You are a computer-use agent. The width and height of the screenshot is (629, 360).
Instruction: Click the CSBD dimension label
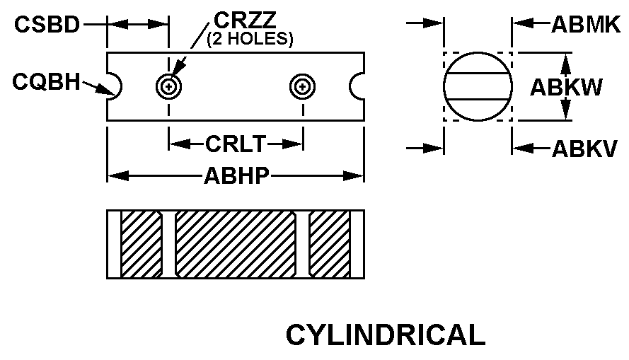point(47,25)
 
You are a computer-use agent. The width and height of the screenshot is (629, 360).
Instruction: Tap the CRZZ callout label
point(245,19)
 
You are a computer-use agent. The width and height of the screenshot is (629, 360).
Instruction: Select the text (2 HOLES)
point(250,39)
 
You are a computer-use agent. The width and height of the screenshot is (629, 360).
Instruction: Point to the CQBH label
point(46,82)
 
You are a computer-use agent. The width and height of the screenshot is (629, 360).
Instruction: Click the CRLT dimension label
point(236,144)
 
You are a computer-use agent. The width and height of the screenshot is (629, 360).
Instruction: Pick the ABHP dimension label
point(236,175)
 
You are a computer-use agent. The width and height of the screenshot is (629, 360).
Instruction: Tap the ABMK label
point(586,25)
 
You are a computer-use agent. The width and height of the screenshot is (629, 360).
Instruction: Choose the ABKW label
point(566,87)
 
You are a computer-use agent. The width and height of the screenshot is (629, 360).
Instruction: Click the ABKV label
point(584,149)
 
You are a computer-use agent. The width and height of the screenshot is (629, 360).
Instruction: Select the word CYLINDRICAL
point(386,335)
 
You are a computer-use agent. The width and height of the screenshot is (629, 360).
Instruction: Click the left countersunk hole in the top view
point(169,86)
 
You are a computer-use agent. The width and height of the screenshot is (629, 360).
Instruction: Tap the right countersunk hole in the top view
point(303,86)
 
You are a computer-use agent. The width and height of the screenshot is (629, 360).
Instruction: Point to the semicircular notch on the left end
point(115,86)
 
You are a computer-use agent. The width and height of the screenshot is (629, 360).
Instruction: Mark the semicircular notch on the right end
point(357,86)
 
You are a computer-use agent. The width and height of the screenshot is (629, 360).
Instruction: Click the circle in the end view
point(478,86)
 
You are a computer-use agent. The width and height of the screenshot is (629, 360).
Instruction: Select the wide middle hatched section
point(236,244)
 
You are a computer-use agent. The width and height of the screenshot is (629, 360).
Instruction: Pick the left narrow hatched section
point(142,244)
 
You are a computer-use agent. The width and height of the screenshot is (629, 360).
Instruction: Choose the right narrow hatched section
point(330,244)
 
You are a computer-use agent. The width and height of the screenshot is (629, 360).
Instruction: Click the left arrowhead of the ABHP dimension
point(118,175)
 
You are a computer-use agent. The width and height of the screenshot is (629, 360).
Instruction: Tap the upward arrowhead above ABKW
point(565,64)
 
